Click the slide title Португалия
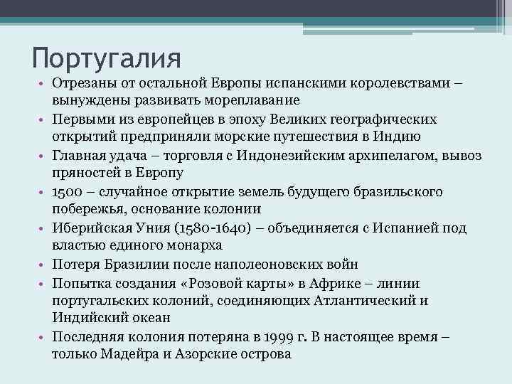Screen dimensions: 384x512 coord(107,56)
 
